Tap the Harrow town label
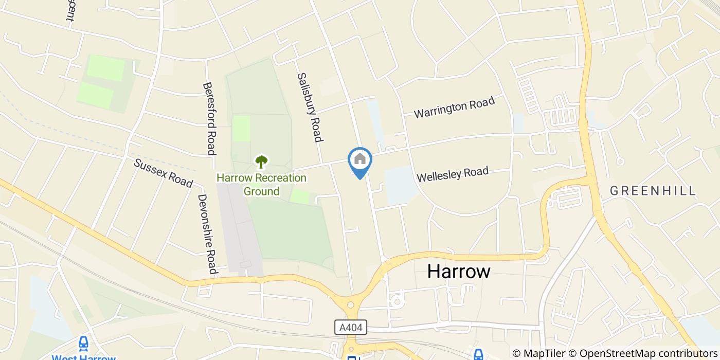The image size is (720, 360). [x=459, y=272]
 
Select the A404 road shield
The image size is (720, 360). [x=354, y=327]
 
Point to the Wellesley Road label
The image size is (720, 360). [x=453, y=174]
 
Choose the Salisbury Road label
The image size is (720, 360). [x=310, y=107]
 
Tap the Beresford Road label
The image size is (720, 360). [x=208, y=118]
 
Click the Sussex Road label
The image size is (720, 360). [x=163, y=173]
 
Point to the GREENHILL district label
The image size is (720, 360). [x=653, y=191]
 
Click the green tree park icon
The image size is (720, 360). [x=261, y=162]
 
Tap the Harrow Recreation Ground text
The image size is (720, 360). [x=261, y=185]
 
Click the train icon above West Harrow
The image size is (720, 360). [x=83, y=343]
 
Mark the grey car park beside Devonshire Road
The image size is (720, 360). [x=238, y=231]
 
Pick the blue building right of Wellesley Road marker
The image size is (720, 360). [x=400, y=184]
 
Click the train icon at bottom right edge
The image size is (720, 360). [x=478, y=354]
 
